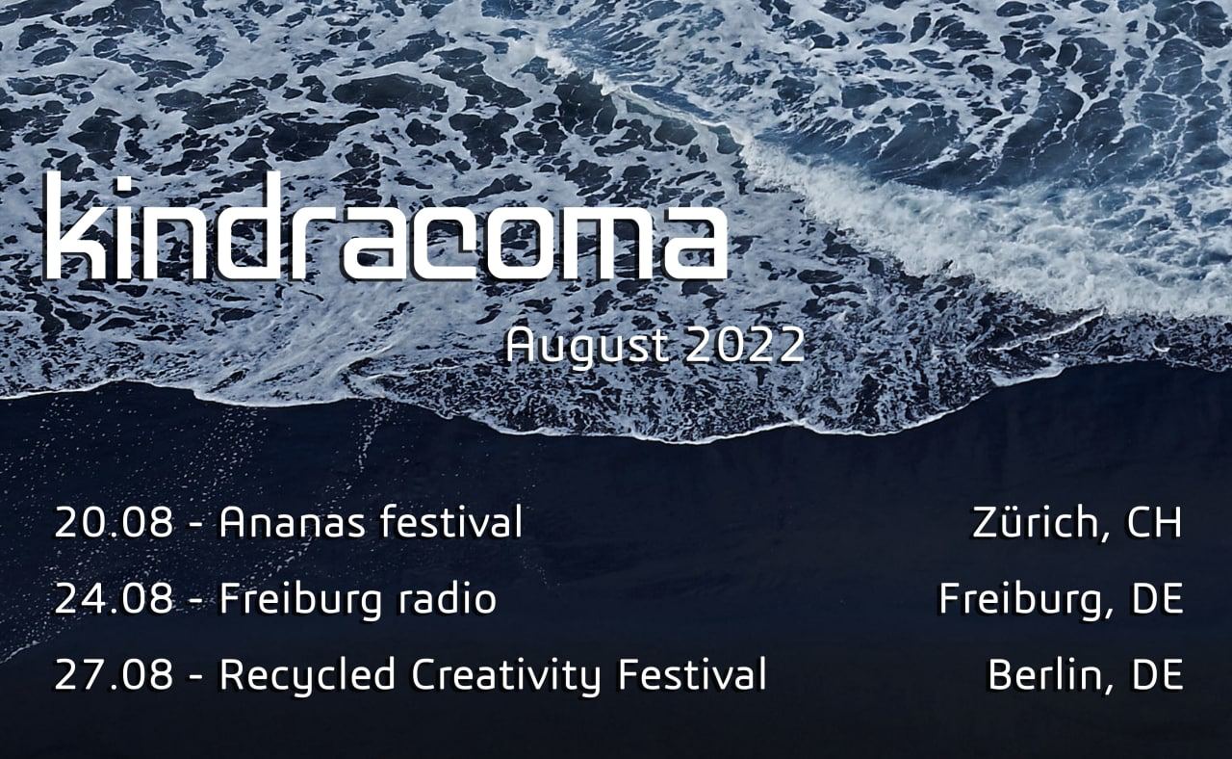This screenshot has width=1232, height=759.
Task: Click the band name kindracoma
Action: pos(386,225)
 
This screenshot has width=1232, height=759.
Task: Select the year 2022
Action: pos(745,346)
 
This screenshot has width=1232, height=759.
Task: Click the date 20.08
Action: pos(114,522)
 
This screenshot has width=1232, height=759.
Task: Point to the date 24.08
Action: pos(114,599)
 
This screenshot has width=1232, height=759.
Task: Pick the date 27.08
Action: pos(114,675)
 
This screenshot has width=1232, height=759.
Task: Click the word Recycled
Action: pos(307,676)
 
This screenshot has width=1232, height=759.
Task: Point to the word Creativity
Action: pos(505,676)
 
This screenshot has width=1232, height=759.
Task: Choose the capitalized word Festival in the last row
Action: pos(692,674)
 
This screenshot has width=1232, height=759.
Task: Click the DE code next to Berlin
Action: pos(1157,675)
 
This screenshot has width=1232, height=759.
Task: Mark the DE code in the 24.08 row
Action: pos(1157,599)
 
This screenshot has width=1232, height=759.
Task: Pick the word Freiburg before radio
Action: pos(299,600)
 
